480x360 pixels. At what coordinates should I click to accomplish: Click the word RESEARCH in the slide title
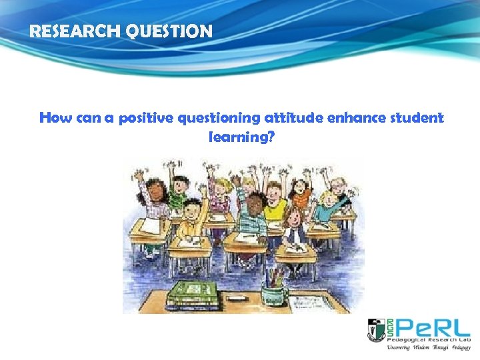pyautogui.click(x=67, y=31)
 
